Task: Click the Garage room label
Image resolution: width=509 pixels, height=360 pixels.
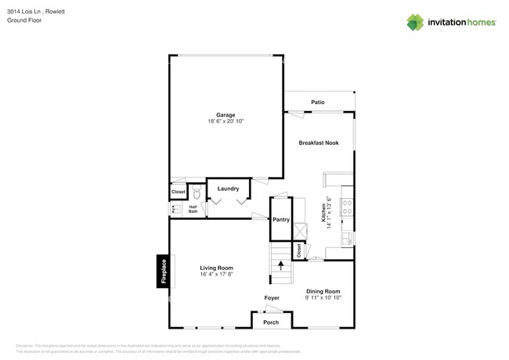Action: click(x=226, y=115)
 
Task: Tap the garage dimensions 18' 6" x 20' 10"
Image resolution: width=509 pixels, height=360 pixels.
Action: click(x=226, y=122)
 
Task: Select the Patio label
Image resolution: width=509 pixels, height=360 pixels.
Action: click(x=317, y=103)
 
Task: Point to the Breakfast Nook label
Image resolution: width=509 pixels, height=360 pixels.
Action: click(x=319, y=142)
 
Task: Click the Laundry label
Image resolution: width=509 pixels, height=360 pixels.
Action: click(x=228, y=189)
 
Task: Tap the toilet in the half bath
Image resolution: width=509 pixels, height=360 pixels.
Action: click(x=196, y=192)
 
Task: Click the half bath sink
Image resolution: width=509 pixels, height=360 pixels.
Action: click(x=175, y=209)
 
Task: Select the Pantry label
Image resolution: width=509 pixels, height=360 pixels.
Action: click(x=281, y=220)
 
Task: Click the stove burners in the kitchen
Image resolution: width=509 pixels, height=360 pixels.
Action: click(x=347, y=207)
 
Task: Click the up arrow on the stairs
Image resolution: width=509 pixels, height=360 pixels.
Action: click(x=280, y=265)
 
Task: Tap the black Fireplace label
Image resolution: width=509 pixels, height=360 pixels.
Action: click(x=163, y=272)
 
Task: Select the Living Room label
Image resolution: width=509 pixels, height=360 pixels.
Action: click(x=216, y=268)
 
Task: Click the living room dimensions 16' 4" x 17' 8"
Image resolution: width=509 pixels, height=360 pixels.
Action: click(x=216, y=275)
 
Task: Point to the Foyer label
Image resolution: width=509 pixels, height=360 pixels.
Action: click(x=272, y=297)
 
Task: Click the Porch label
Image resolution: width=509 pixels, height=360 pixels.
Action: click(x=271, y=322)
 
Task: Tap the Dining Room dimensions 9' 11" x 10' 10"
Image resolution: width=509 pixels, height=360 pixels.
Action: click(x=323, y=298)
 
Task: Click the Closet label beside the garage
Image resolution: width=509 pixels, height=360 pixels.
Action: click(x=179, y=192)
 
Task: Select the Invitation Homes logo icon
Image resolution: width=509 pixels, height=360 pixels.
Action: click(x=414, y=22)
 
